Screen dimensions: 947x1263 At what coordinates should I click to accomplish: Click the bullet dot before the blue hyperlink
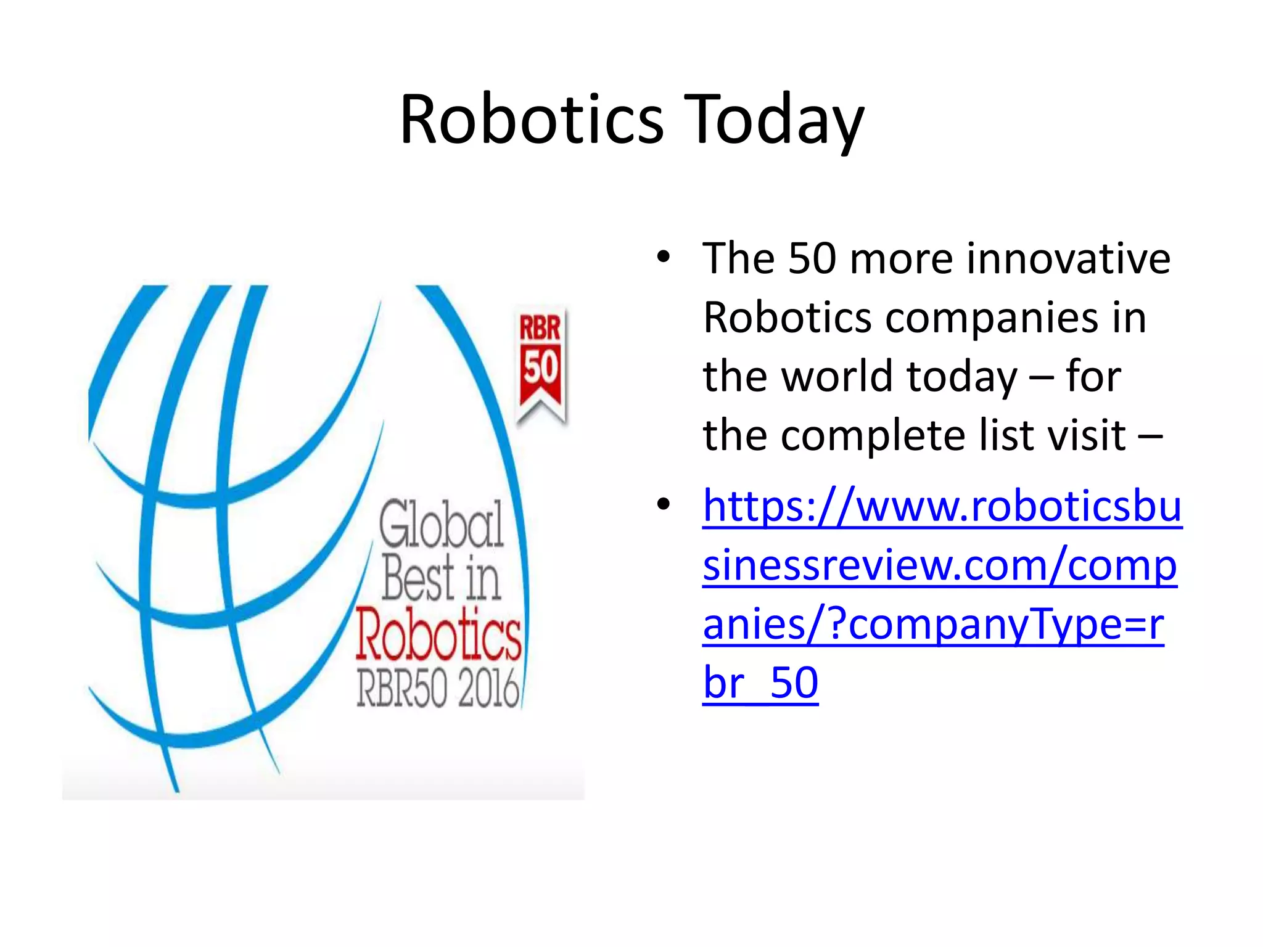(663, 504)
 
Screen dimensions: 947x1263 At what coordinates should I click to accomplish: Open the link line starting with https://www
(942, 506)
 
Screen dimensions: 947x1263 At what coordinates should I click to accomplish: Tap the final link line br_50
(760, 683)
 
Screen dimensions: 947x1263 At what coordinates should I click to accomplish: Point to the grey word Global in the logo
(442, 525)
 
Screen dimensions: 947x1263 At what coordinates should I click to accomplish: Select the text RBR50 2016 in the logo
(438, 689)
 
